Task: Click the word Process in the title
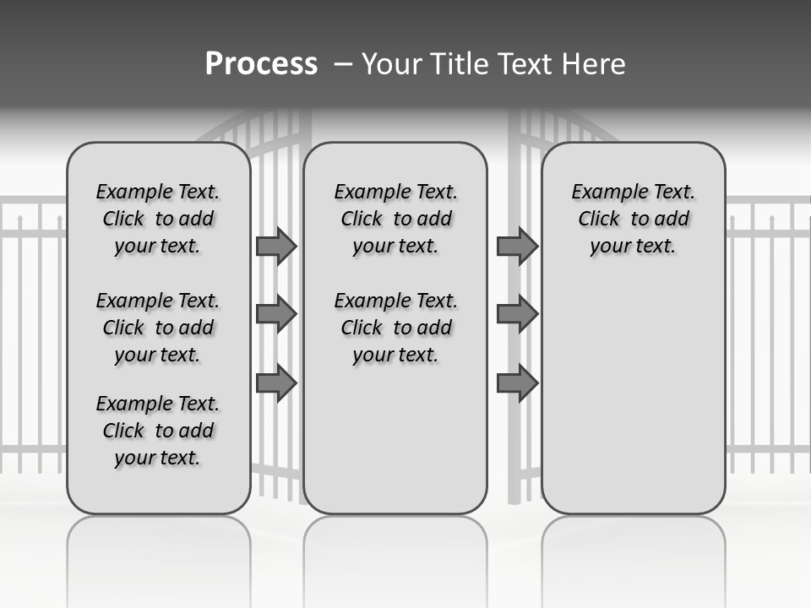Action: [261, 63]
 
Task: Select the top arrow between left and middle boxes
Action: [276, 246]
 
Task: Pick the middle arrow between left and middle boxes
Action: [276, 314]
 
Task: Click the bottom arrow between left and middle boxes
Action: [276, 383]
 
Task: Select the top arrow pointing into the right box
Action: [517, 246]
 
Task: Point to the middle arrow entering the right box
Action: [517, 314]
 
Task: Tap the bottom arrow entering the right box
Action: [517, 383]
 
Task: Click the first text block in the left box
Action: [158, 219]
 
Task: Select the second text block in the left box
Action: [158, 328]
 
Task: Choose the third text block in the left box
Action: [158, 431]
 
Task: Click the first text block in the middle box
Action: [395, 219]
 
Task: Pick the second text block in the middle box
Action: [395, 328]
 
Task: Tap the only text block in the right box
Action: [633, 219]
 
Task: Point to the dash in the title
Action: [344, 63]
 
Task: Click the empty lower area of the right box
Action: [633, 397]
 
